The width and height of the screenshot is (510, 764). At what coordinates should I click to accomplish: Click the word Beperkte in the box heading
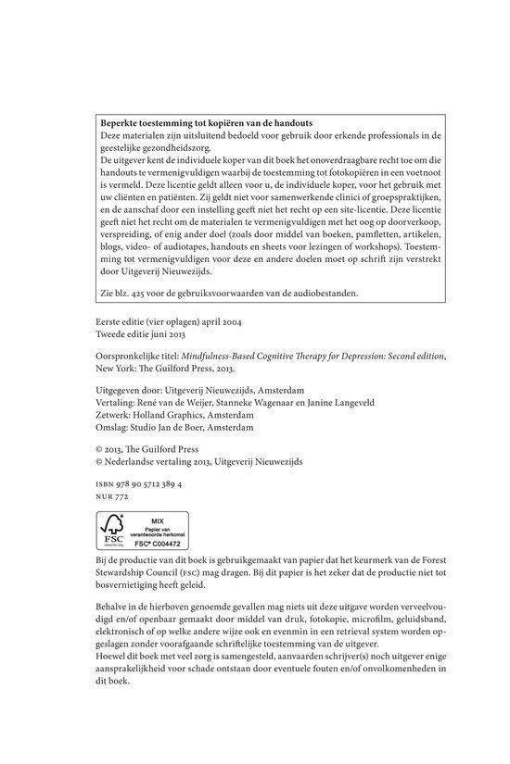(x=120, y=122)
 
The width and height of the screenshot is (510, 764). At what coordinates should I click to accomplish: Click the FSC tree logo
(x=114, y=529)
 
